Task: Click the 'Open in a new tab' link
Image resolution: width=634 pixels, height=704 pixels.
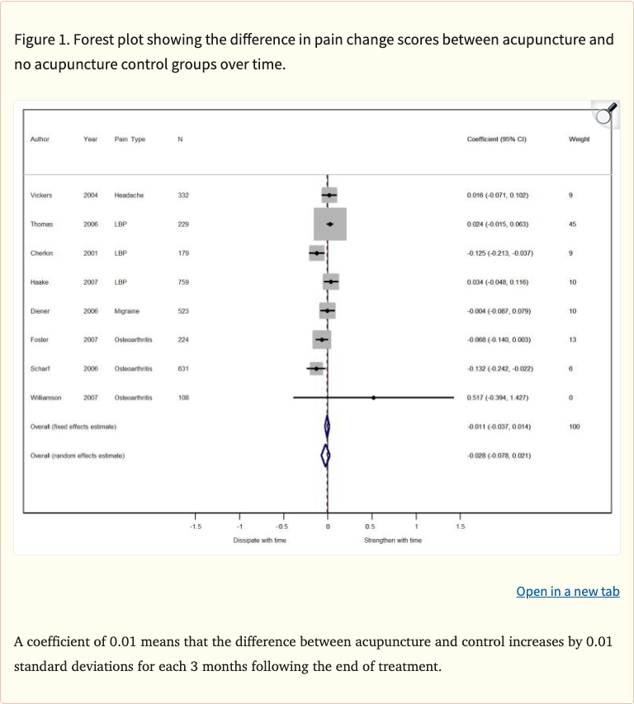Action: coord(567,591)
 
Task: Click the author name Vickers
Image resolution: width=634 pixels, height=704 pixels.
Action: coord(41,196)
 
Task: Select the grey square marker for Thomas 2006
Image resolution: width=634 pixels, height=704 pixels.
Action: coord(330,224)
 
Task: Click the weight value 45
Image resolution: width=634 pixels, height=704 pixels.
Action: coord(572,224)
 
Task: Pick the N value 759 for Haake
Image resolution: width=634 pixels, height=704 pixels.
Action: coord(183,282)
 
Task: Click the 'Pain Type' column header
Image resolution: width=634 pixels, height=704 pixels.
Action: coord(130,139)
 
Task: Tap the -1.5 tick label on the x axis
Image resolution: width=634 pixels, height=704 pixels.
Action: coord(195,526)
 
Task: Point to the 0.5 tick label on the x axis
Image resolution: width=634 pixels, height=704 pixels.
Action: coord(371,526)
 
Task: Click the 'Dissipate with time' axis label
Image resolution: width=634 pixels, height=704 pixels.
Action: coord(260,540)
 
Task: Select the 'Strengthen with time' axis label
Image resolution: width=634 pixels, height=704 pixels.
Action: coord(393,540)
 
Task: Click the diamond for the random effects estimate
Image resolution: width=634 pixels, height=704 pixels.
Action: coord(325,455)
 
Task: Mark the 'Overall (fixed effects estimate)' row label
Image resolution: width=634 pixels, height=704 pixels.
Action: coord(73,426)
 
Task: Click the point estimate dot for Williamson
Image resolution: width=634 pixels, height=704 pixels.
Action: coord(373,398)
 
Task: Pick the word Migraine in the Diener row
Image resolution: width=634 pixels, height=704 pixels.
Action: coord(127,311)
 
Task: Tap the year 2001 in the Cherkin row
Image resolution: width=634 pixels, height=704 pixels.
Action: coord(91,253)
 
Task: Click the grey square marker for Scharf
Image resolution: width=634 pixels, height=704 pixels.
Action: coord(316,369)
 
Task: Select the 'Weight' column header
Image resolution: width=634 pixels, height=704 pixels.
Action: coord(579,139)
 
